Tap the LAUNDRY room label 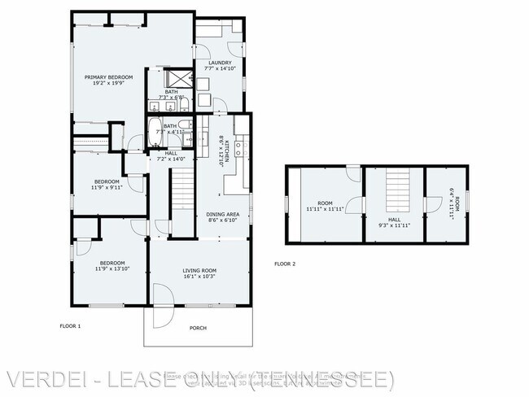pos(220,63)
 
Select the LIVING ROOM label pos(198,270)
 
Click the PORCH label pos(198,328)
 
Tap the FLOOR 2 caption pos(284,264)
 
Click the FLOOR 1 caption pos(71,325)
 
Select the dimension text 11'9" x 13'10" pos(112,269)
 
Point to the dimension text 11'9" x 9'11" pos(107,187)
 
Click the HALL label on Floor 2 pos(394,219)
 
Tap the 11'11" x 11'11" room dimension pos(326,209)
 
